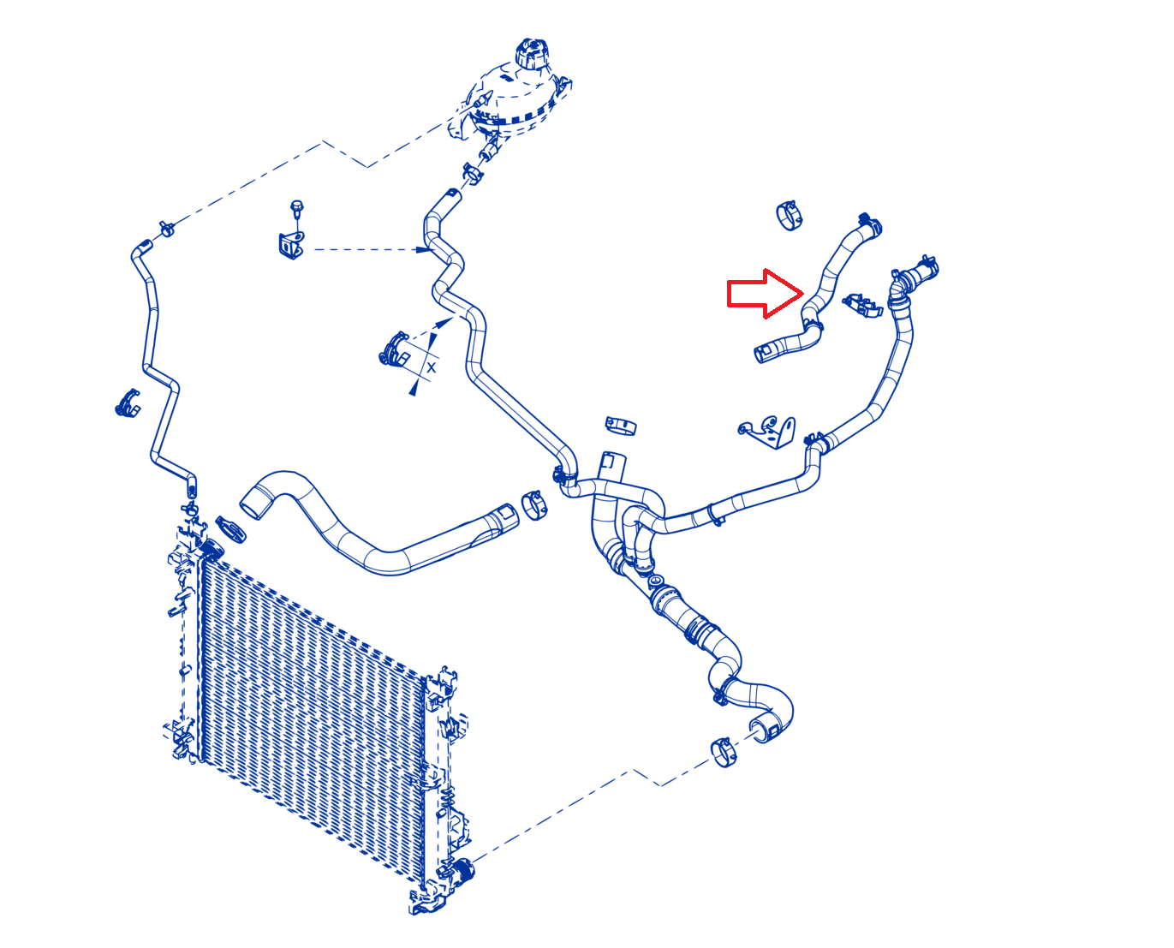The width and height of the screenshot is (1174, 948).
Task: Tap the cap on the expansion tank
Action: tap(532, 53)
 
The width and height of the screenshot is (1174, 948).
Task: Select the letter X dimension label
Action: tap(431, 367)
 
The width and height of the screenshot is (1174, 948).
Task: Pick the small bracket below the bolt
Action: tap(291, 245)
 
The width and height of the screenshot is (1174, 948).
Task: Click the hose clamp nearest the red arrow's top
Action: tap(789, 216)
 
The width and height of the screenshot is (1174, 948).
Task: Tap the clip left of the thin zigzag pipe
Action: tap(128, 403)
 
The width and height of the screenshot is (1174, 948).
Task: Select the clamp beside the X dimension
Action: tap(394, 349)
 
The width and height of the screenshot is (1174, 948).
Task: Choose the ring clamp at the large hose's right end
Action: tap(533, 505)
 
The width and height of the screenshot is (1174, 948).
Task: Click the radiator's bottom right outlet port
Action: tap(461, 870)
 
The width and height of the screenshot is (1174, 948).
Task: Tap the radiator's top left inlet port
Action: tap(212, 549)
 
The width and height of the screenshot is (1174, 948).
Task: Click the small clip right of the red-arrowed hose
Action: tap(862, 305)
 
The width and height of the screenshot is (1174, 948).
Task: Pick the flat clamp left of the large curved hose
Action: tap(231, 529)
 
